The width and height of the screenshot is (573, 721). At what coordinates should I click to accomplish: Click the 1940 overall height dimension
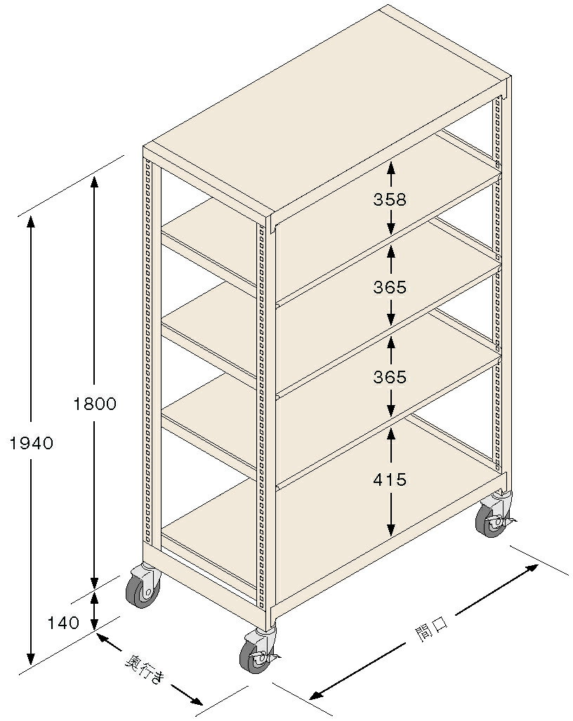tap(32, 443)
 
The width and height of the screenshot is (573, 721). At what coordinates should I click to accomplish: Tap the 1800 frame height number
tap(95, 404)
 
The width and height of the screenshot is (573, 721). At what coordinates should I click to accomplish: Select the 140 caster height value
tap(63, 623)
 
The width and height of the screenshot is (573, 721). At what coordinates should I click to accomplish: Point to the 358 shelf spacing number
tap(390, 199)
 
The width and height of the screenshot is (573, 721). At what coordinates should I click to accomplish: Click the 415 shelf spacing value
tap(390, 479)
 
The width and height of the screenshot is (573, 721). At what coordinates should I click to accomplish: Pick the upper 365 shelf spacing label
tap(390, 287)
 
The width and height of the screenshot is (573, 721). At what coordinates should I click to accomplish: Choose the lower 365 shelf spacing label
tap(390, 377)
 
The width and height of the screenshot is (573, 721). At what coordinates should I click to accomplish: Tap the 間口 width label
tap(431, 626)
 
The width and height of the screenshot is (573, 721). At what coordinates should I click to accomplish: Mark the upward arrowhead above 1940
tap(31, 222)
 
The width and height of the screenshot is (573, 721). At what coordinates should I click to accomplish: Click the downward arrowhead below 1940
tap(31, 659)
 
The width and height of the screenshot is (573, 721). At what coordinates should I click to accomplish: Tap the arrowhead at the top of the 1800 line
tap(94, 183)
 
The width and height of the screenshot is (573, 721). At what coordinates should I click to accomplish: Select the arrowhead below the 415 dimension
tap(390, 530)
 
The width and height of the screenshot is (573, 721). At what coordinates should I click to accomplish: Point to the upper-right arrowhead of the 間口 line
tap(532, 569)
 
